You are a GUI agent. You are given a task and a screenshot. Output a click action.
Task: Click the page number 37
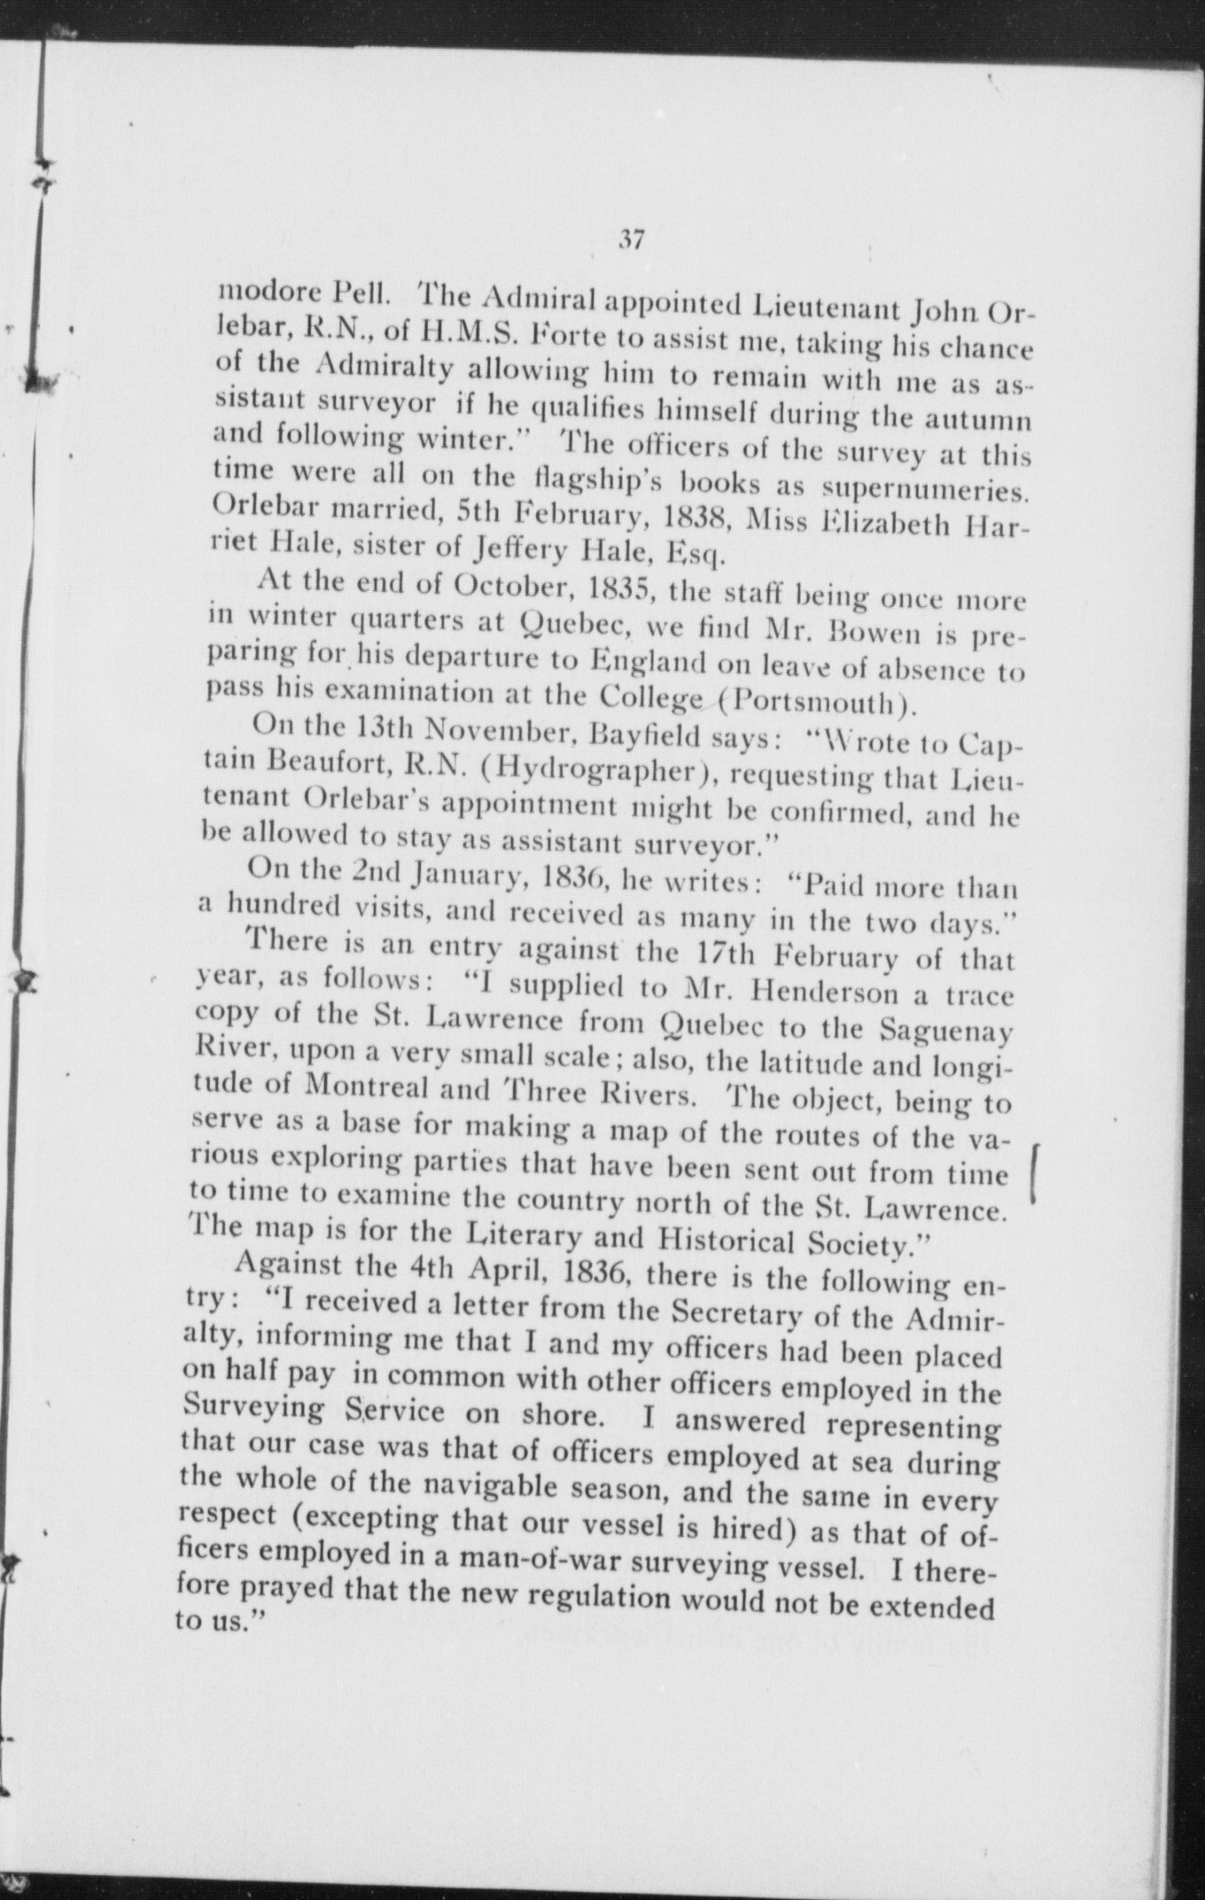(x=631, y=240)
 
